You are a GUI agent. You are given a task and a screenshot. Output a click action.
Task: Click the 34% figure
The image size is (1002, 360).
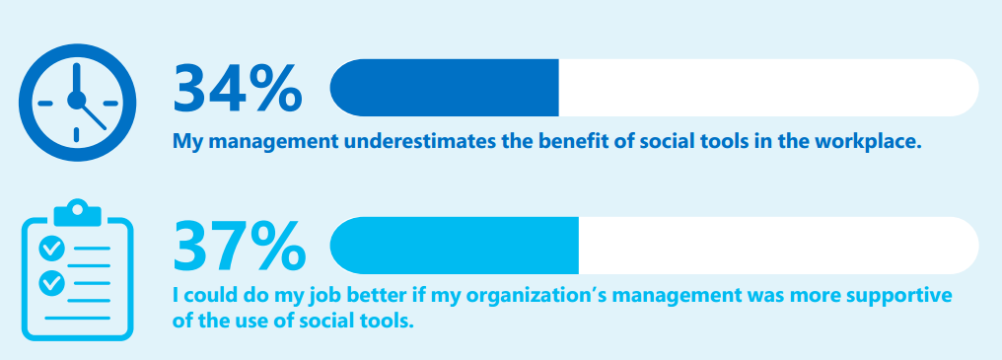(x=237, y=88)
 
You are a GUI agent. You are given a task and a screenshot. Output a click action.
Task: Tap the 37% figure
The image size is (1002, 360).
(x=239, y=246)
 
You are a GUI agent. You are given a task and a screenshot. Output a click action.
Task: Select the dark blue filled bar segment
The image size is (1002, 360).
(x=444, y=88)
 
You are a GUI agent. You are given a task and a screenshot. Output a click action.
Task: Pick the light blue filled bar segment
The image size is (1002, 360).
(x=455, y=246)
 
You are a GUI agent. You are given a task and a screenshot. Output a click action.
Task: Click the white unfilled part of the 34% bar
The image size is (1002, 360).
(x=768, y=88)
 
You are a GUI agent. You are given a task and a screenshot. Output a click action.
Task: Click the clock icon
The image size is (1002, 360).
(x=77, y=103)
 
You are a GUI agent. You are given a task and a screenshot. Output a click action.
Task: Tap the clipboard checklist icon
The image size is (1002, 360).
(x=77, y=269)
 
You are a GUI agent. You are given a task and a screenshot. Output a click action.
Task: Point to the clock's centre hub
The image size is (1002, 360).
(x=77, y=100)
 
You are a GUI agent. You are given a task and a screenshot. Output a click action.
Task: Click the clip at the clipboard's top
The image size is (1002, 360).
(x=77, y=213)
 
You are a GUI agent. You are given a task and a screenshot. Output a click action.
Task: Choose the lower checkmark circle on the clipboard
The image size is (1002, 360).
(x=51, y=283)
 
